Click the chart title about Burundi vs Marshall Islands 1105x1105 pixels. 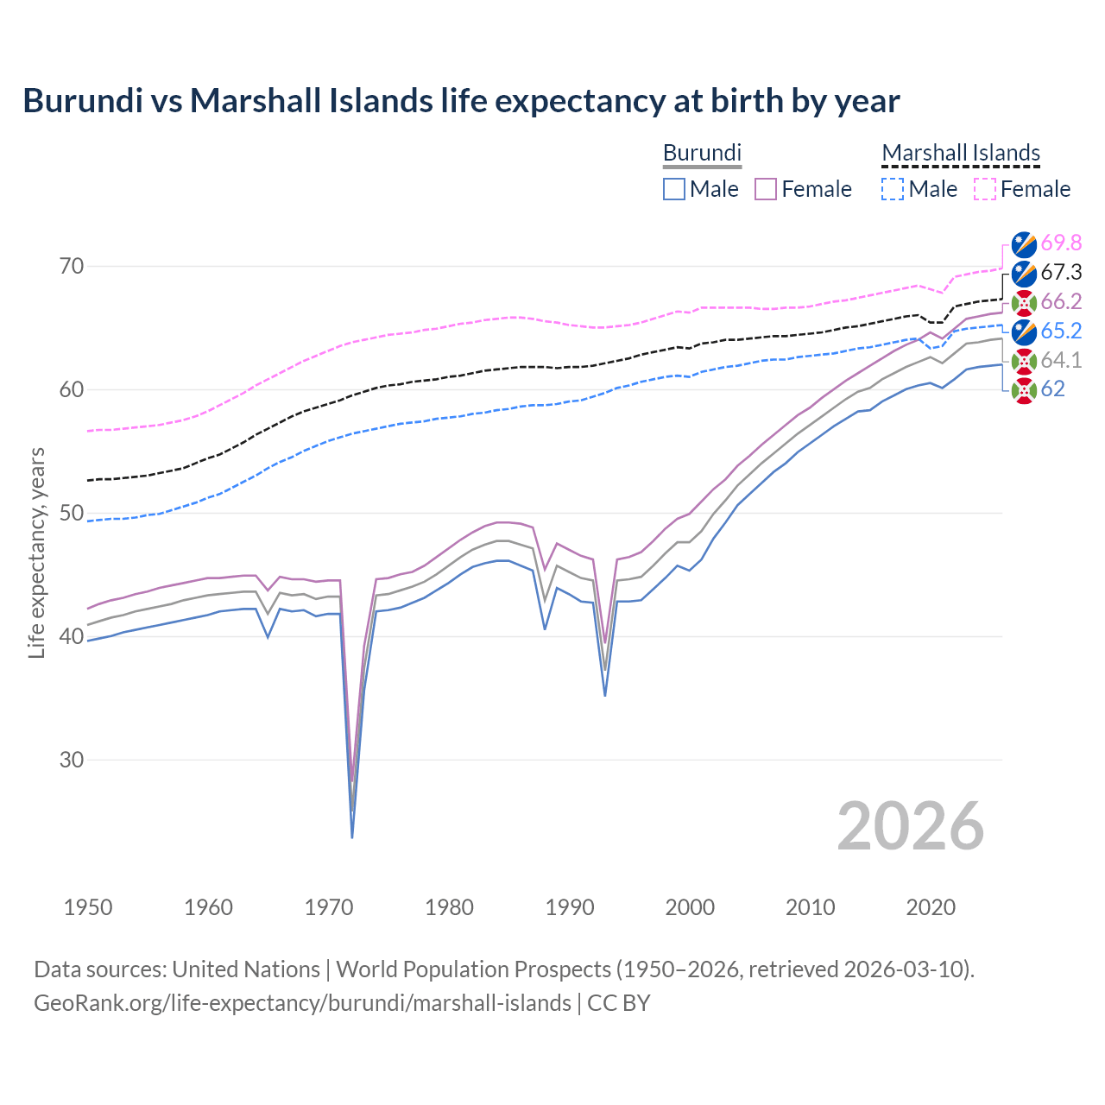pyautogui.click(x=461, y=101)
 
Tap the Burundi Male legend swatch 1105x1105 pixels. pyautogui.click(x=674, y=189)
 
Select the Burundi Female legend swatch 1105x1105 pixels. pyautogui.click(x=766, y=189)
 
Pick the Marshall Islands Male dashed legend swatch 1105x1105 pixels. pyautogui.click(x=893, y=189)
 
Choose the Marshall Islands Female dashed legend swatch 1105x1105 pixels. pyautogui.click(x=985, y=189)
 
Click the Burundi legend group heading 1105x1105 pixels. pyautogui.click(x=702, y=153)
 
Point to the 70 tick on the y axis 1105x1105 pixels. pyautogui.click(x=72, y=266)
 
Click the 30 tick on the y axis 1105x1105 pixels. pyautogui.click(x=72, y=760)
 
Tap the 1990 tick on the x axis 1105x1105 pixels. pyautogui.click(x=569, y=907)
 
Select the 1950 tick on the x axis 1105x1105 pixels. pyautogui.click(x=88, y=907)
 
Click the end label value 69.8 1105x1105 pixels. pyautogui.click(x=1061, y=243)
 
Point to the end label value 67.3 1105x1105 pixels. pyautogui.click(x=1061, y=273)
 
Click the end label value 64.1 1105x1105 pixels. pyautogui.click(x=1061, y=360)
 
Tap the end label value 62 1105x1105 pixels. pyautogui.click(x=1052, y=389)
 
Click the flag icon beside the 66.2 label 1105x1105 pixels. pyautogui.click(x=1024, y=302)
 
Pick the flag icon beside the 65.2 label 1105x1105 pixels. pyautogui.click(x=1024, y=331)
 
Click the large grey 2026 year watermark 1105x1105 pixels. pyautogui.click(x=910, y=826)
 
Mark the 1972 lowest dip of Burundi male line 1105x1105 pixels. pyautogui.click(x=352, y=837)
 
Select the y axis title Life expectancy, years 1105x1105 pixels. pyautogui.click(x=36, y=552)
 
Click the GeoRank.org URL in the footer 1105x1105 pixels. pyautogui.click(x=302, y=1003)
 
